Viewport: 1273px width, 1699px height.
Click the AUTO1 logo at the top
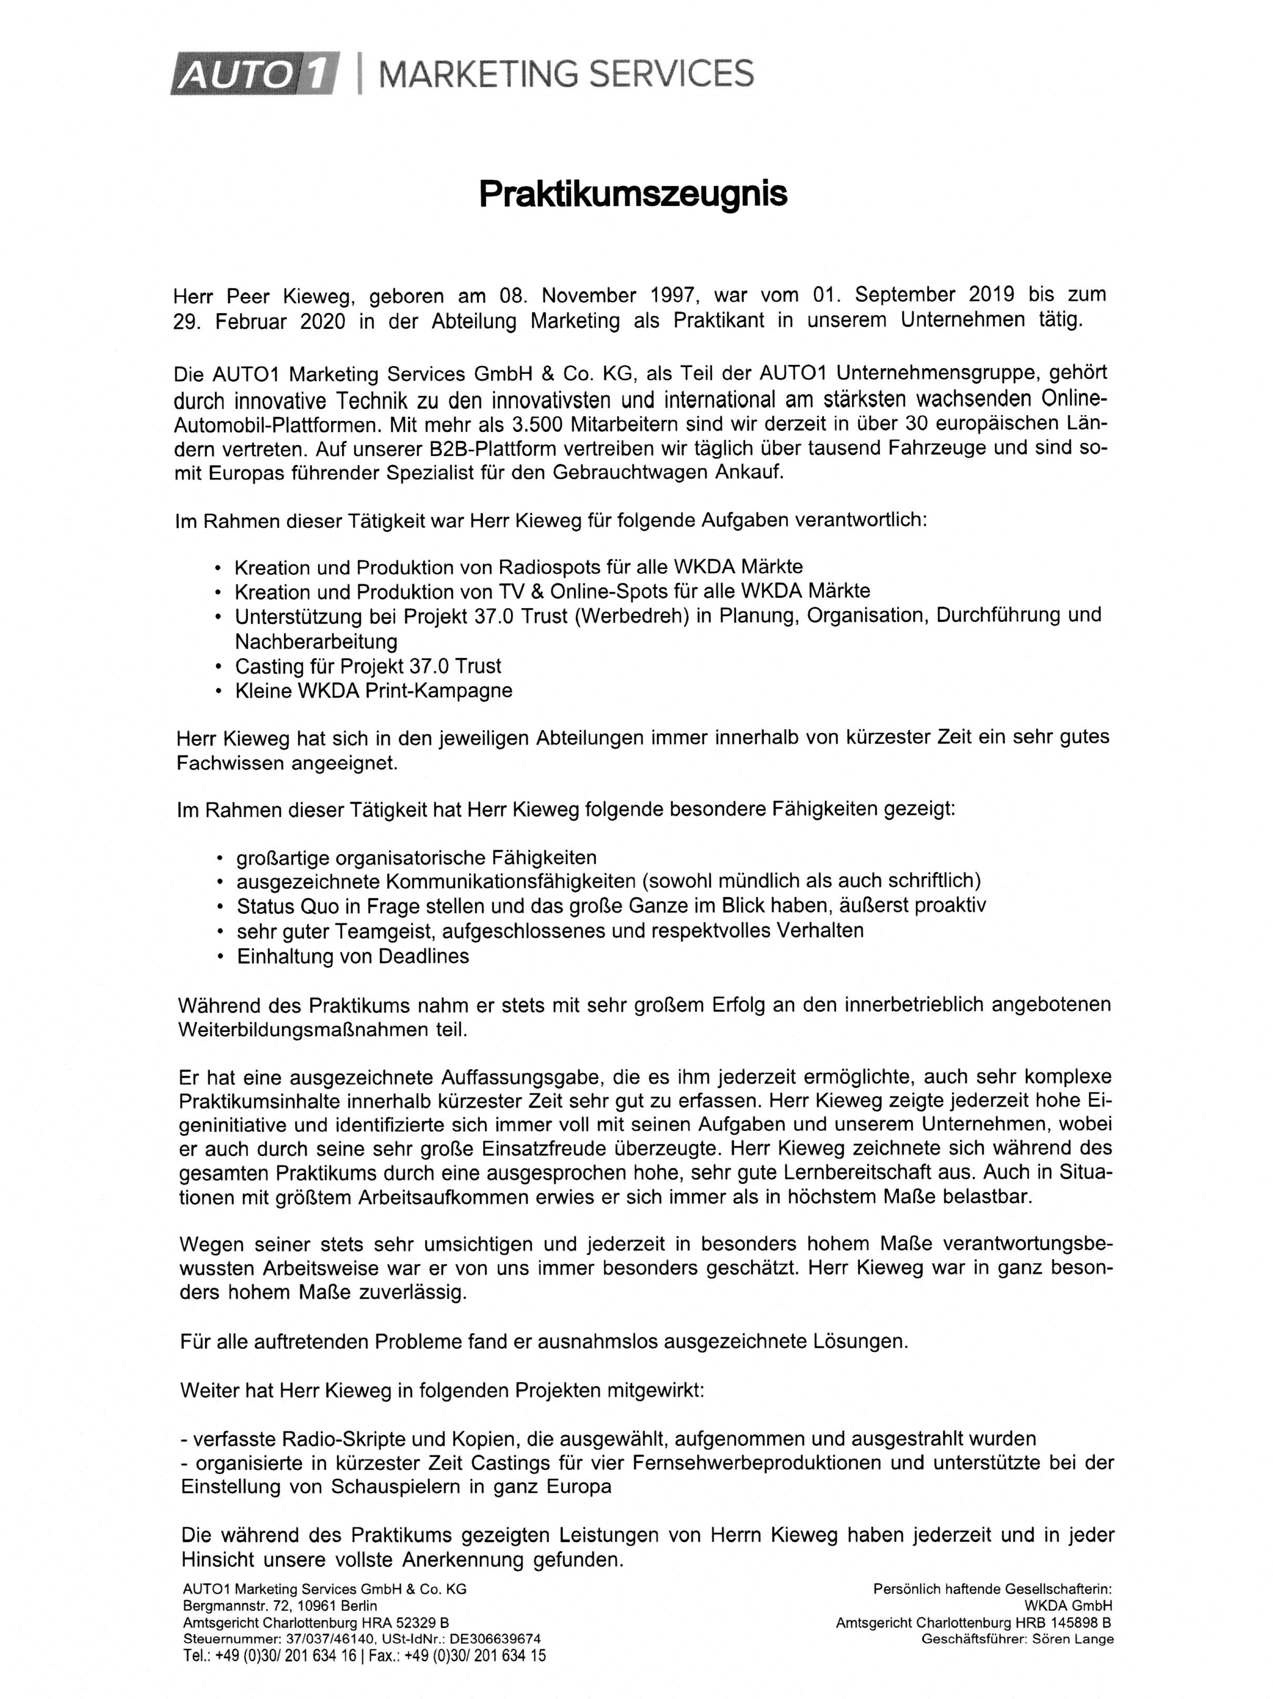coord(253,74)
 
